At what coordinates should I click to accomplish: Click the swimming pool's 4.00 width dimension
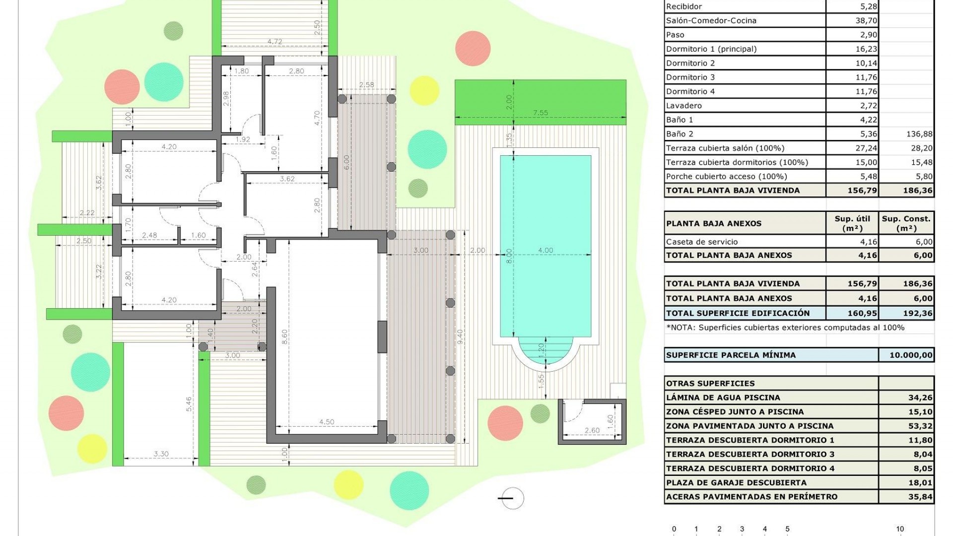click(x=545, y=251)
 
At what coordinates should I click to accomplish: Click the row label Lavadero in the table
click(x=684, y=106)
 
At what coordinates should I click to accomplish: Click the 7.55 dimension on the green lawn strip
click(x=540, y=113)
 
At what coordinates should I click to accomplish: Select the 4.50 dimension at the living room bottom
click(x=326, y=422)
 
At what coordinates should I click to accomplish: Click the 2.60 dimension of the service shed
click(x=592, y=430)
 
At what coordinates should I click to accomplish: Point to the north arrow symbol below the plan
click(x=511, y=498)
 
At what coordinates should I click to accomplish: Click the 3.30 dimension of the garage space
click(x=161, y=454)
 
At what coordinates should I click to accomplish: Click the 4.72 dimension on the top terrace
click(x=274, y=42)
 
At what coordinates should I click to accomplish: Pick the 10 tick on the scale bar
click(x=899, y=529)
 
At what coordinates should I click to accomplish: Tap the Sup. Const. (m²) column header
click(x=906, y=223)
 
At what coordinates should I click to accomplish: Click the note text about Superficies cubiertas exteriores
click(x=785, y=328)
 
